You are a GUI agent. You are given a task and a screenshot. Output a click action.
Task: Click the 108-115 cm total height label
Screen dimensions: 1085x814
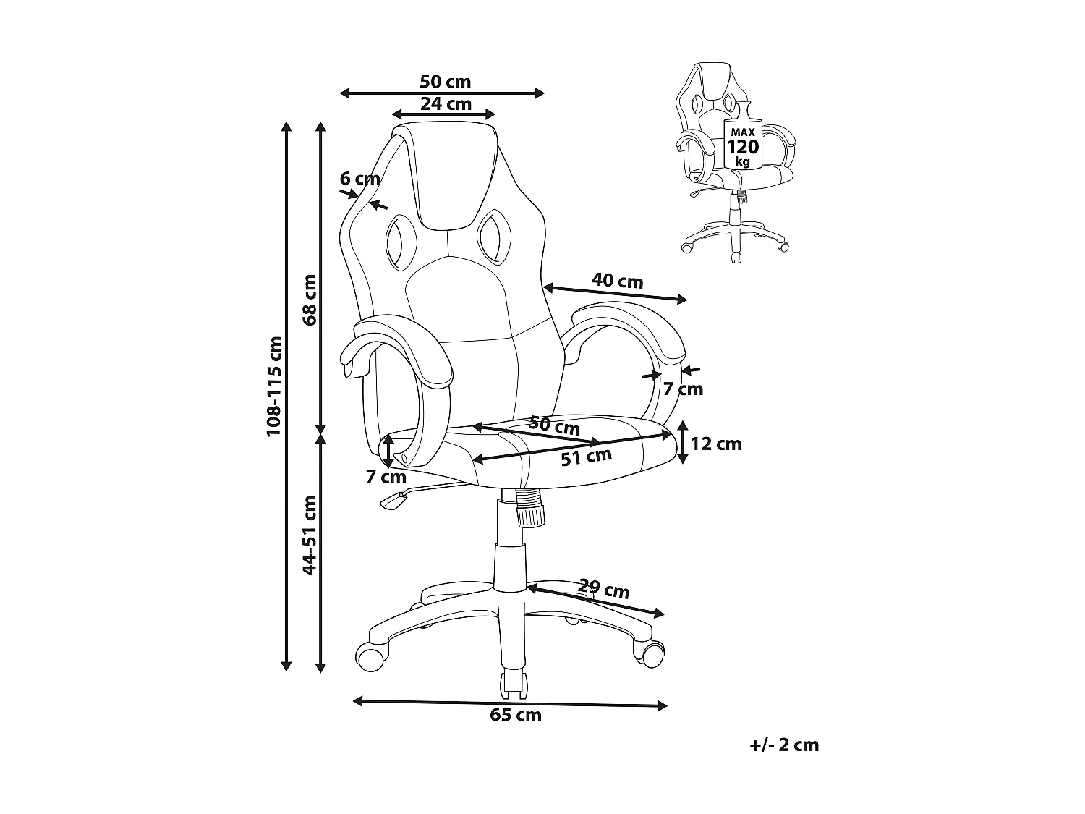[274, 386]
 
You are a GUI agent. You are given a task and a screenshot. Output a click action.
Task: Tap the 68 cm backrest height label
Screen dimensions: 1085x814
[310, 300]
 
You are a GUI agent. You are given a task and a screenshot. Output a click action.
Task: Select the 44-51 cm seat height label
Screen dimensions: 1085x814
[310, 535]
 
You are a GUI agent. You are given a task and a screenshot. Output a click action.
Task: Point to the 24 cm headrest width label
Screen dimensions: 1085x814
[446, 103]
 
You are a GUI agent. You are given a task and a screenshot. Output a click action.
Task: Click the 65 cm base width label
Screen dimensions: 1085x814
[516, 715]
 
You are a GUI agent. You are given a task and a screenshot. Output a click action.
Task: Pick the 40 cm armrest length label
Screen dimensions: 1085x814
[618, 281]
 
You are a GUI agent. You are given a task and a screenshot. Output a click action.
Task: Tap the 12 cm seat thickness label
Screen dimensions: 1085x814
[716, 444]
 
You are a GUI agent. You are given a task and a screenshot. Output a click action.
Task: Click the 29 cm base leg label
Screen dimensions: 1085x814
[603, 589]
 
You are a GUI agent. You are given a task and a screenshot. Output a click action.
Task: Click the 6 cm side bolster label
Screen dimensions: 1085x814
[359, 179]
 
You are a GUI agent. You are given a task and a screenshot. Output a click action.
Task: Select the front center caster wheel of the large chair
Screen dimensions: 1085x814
[513, 685]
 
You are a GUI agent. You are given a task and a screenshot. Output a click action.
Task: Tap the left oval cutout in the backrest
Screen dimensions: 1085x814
[401, 242]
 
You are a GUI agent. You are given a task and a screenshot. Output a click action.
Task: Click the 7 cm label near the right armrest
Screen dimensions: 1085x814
[683, 389]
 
